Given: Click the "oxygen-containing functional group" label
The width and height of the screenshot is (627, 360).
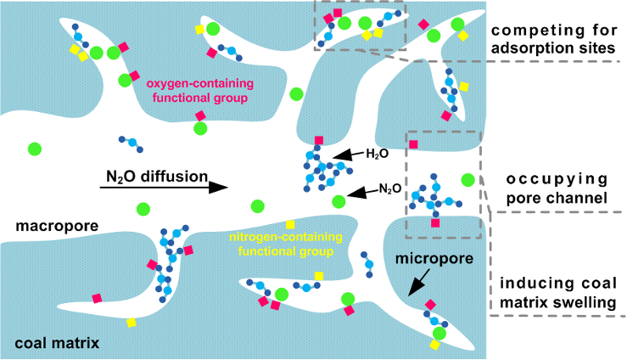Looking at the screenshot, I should (x=197, y=92).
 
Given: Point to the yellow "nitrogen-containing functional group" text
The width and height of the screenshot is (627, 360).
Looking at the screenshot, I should (x=290, y=243).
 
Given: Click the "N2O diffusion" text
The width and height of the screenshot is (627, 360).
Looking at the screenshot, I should (x=157, y=177).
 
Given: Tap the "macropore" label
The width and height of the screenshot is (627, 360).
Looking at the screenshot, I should (x=57, y=227).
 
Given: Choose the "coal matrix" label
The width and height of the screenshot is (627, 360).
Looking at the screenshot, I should (x=57, y=343).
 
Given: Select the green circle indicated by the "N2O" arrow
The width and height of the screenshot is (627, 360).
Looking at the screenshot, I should (x=339, y=201).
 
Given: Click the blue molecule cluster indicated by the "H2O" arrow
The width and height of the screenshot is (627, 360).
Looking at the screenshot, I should (x=318, y=170).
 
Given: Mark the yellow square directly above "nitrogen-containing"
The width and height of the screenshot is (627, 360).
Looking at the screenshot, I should (x=290, y=223).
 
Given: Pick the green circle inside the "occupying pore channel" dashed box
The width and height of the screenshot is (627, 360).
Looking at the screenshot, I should (x=467, y=180).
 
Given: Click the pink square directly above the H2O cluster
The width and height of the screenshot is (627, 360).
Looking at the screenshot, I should (x=319, y=140).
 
